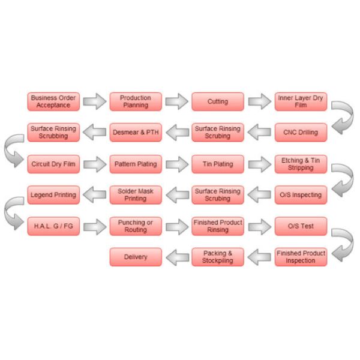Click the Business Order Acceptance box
pyautogui.click(x=53, y=101)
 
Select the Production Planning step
pyautogui.click(x=136, y=101)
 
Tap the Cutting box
pyautogui.click(x=218, y=101)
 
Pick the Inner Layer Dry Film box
pyautogui.click(x=301, y=101)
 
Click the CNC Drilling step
pyautogui.click(x=301, y=132)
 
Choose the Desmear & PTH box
pyautogui.click(x=136, y=132)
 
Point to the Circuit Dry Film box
pyautogui.click(x=53, y=164)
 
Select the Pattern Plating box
pyautogui.click(x=136, y=164)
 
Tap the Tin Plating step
pyautogui.click(x=218, y=164)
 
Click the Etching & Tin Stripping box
pyautogui.click(x=301, y=164)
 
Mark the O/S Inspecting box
pyautogui.click(x=301, y=195)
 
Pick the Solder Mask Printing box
pyautogui.click(x=136, y=195)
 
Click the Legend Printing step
pyautogui.click(x=53, y=195)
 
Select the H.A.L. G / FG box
pyautogui.click(x=53, y=226)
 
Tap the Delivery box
pyautogui.click(x=136, y=257)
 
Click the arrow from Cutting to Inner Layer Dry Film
pyautogui.click(x=259, y=101)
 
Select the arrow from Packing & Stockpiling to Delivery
pyautogui.click(x=177, y=257)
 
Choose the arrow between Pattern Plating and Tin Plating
pyautogui.click(x=177, y=164)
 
